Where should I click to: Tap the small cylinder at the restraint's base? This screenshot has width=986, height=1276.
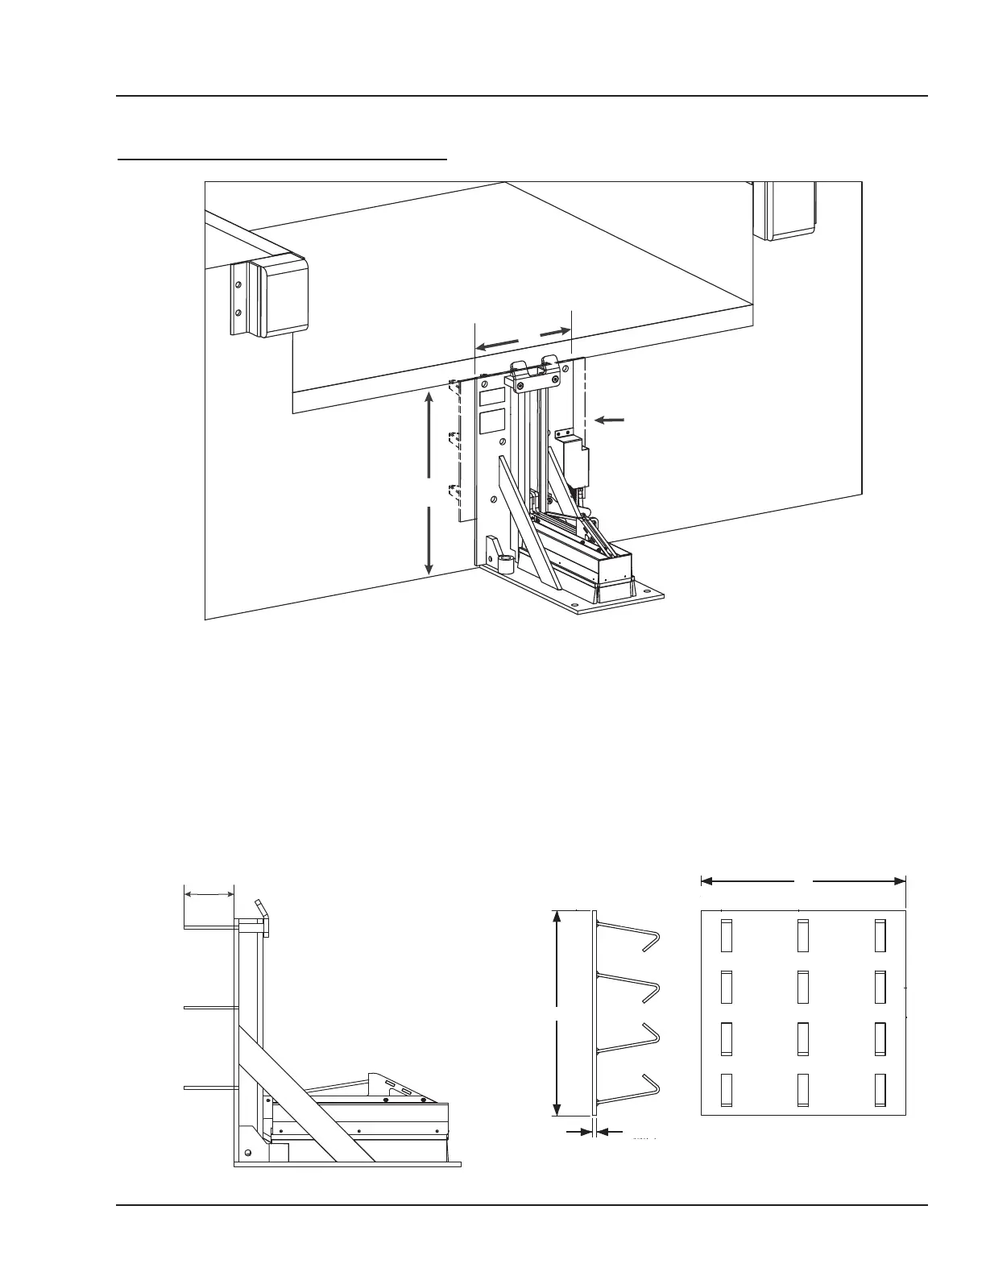tap(506, 562)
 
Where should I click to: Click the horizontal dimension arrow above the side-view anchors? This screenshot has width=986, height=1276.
tap(209, 893)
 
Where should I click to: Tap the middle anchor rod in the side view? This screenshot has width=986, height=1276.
tap(209, 1007)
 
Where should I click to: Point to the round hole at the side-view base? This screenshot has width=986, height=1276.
tap(248, 1153)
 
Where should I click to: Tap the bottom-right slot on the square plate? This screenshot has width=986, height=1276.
tap(880, 1089)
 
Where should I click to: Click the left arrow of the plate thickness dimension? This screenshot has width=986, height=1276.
tap(578, 1133)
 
